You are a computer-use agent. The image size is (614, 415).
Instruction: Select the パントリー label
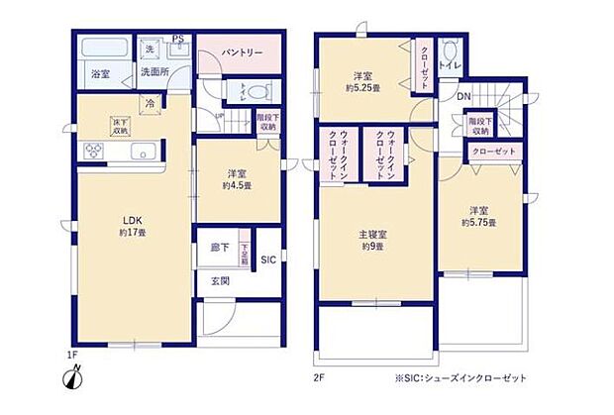[242, 52]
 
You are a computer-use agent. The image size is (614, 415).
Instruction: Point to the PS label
[178, 41]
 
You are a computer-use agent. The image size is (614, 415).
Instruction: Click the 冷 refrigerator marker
[149, 102]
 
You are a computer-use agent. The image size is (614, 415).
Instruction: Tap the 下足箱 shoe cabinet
[244, 255]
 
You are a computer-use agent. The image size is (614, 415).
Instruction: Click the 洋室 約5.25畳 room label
[364, 81]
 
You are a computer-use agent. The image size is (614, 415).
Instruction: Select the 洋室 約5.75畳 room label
[480, 217]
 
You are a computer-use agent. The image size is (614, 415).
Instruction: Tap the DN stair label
[463, 96]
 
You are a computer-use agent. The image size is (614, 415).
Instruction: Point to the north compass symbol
[76, 377]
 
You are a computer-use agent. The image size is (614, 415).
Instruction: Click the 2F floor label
[319, 376]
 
